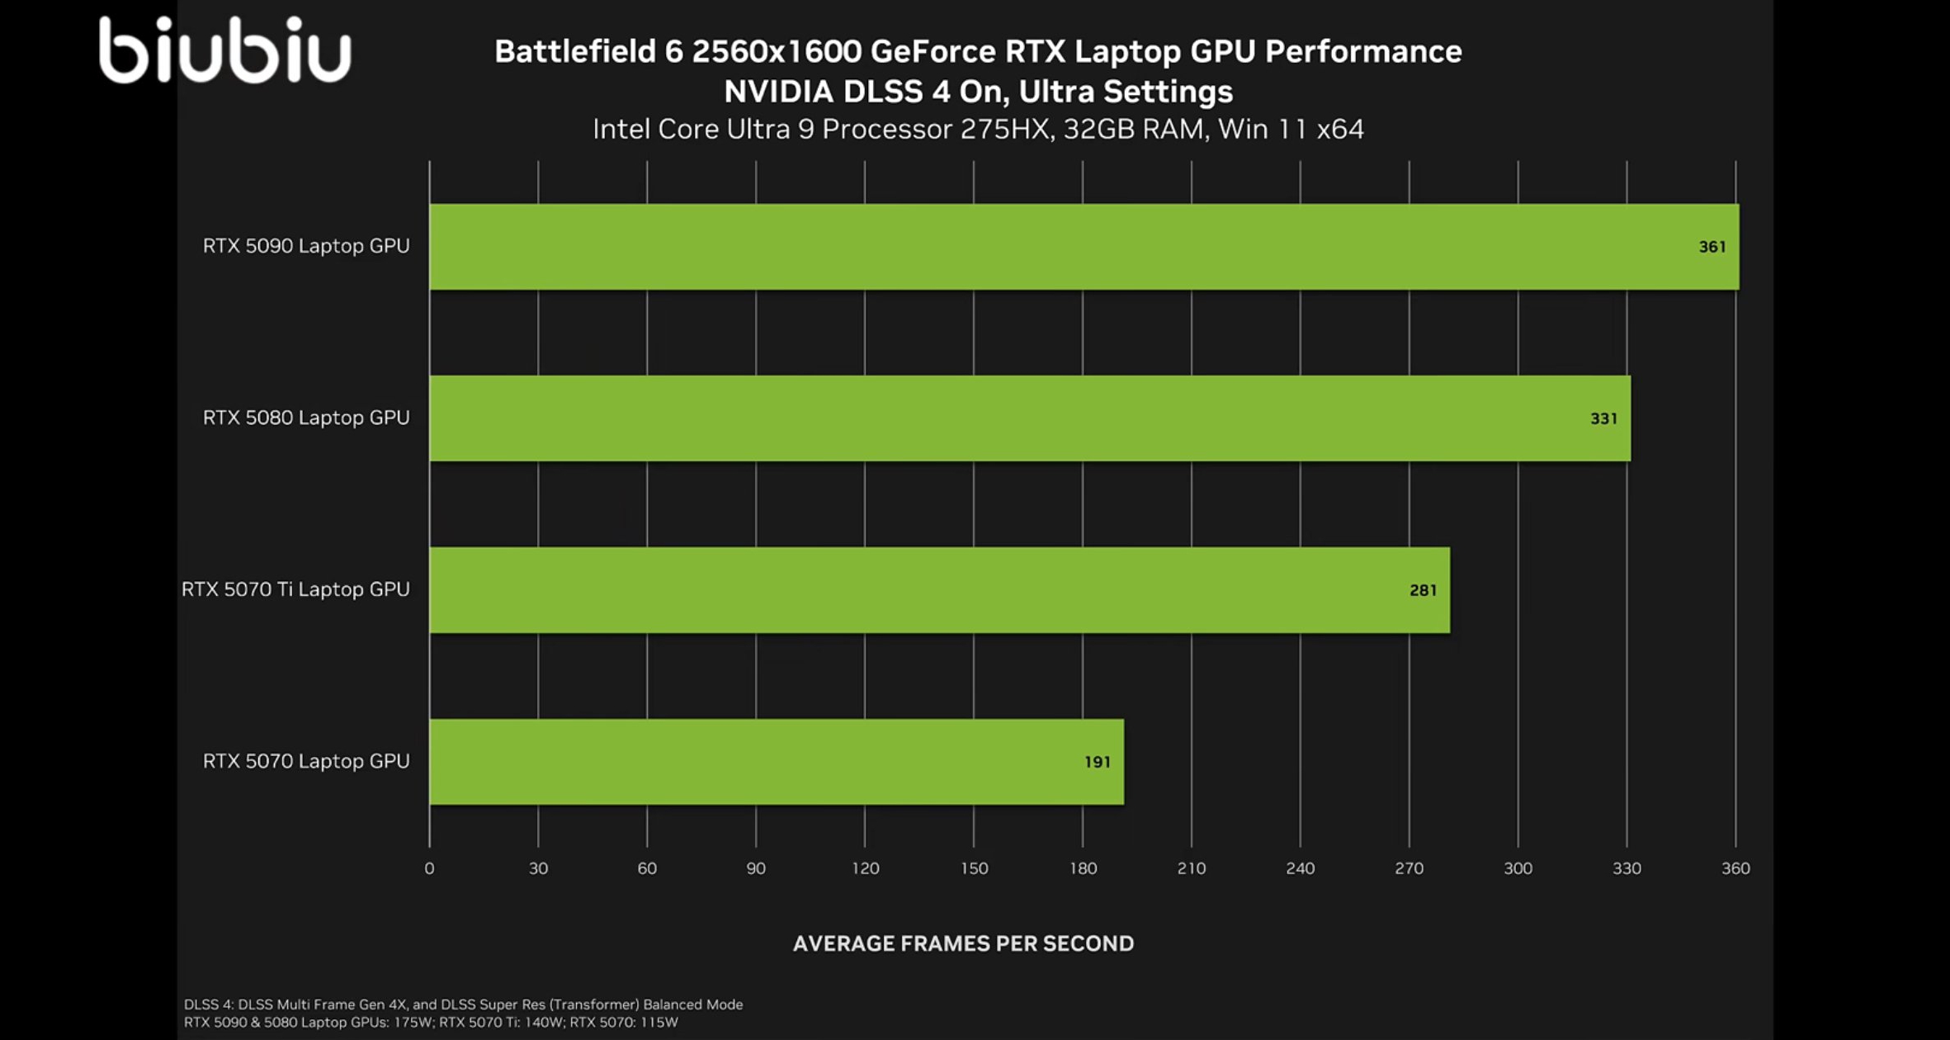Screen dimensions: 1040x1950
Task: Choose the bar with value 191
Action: click(776, 762)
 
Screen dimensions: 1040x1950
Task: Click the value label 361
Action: click(1712, 247)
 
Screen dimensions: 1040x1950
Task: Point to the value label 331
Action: click(1603, 418)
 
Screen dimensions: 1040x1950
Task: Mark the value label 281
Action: click(1423, 590)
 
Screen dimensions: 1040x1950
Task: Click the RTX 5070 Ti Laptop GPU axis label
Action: click(295, 589)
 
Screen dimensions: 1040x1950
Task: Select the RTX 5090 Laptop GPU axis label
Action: click(306, 246)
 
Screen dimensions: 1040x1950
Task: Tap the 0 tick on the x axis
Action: click(429, 868)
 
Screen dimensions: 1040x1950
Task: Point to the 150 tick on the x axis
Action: click(974, 868)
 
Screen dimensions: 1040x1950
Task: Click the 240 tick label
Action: click(1300, 868)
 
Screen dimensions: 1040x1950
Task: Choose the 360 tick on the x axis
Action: click(1735, 868)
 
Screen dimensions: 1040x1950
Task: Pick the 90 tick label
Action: click(756, 868)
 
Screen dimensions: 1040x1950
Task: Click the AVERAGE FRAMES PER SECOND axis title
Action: click(963, 943)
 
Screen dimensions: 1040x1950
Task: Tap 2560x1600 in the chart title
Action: click(776, 52)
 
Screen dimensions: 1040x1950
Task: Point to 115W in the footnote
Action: click(659, 1023)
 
